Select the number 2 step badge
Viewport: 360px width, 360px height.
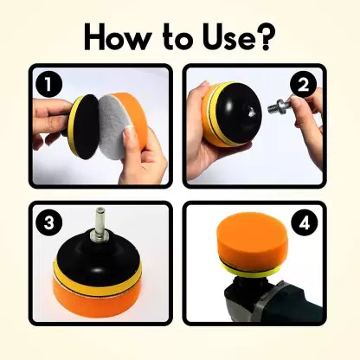pyautogui.click(x=303, y=84)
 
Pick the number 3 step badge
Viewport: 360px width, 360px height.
pyautogui.click(x=48, y=222)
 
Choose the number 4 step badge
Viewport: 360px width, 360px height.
pyautogui.click(x=303, y=222)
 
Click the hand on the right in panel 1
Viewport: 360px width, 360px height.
pyautogui.click(x=149, y=156)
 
